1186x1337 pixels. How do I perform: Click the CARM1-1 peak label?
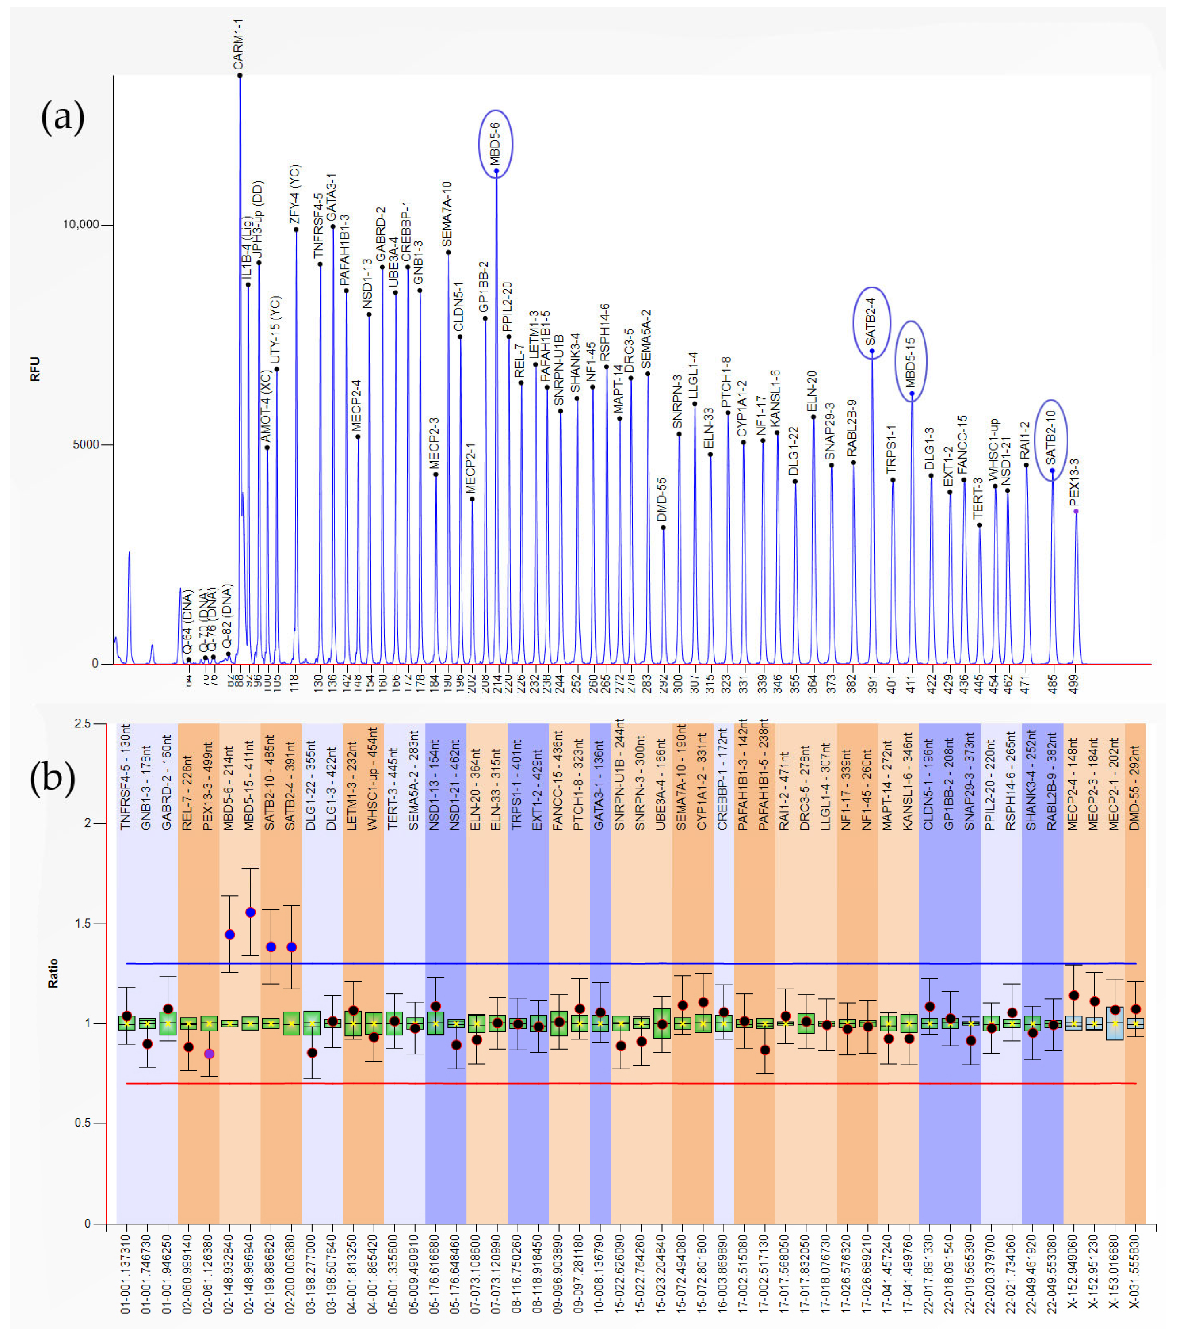point(239,44)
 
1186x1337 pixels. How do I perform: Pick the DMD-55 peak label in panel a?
point(662,501)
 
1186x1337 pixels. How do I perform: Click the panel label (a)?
point(63,118)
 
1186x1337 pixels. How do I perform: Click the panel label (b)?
point(52,778)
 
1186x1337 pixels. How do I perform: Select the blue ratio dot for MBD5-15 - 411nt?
point(250,912)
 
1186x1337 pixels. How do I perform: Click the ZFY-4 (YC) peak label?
point(294,195)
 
